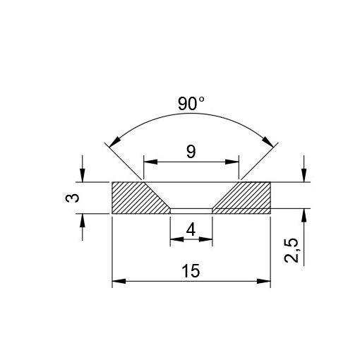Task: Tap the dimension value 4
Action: (191, 229)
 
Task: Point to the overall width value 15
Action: (191, 270)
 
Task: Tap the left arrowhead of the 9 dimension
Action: (148, 162)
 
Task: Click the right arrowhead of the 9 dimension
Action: (235, 162)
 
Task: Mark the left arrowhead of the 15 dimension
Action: (117, 282)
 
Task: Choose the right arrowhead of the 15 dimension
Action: (266, 282)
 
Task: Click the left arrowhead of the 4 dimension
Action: (174, 241)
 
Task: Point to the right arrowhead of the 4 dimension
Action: (208, 241)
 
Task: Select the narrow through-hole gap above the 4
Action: (191, 210)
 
